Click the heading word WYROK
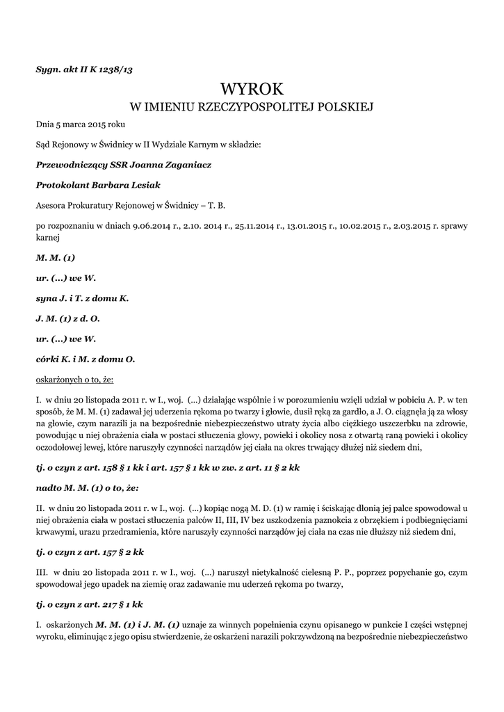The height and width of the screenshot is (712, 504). point(252,89)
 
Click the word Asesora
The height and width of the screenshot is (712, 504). point(52,205)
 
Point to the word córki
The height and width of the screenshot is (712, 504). point(48,359)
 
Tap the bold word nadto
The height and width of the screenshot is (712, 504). point(49,488)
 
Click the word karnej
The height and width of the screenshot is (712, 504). point(47,237)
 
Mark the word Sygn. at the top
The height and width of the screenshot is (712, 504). point(48,69)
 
